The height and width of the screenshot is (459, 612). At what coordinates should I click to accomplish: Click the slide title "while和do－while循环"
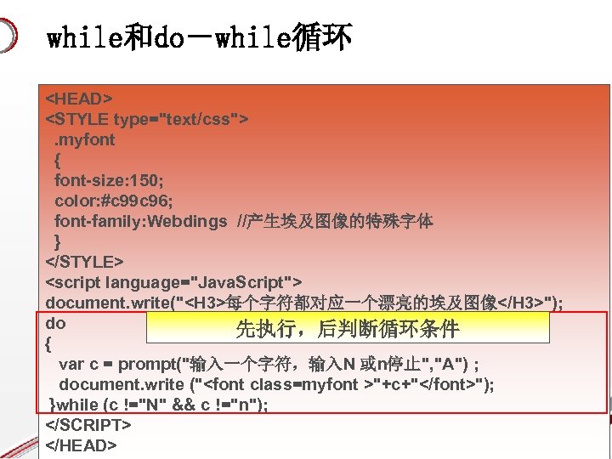pyautogui.click(x=199, y=37)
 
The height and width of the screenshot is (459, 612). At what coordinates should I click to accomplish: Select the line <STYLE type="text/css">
pyautogui.click(x=147, y=119)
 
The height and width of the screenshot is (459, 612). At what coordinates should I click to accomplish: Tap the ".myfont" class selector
pyautogui.click(x=85, y=139)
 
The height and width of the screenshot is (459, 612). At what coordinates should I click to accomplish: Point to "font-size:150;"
pyautogui.click(x=110, y=180)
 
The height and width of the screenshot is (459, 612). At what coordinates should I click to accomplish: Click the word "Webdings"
pyautogui.click(x=187, y=221)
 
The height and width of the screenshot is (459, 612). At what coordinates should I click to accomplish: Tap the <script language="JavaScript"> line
pyautogui.click(x=174, y=282)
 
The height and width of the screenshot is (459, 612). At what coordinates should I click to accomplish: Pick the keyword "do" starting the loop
pyautogui.click(x=55, y=323)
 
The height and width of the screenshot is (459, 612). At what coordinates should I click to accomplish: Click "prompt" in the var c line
pyautogui.click(x=144, y=364)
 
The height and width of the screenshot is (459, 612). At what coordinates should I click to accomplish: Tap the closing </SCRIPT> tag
pyautogui.click(x=88, y=424)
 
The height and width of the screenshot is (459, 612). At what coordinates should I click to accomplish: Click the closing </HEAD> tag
pyautogui.click(x=81, y=445)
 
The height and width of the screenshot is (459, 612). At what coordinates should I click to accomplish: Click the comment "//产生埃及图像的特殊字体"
pyautogui.click(x=335, y=221)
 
